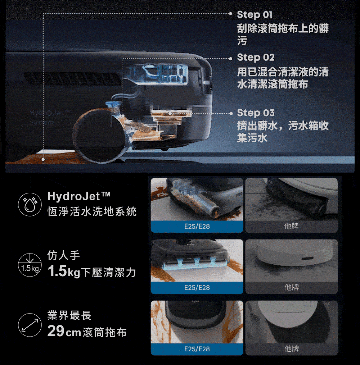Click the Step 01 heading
(255, 15)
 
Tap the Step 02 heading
(256, 58)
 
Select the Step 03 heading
(256, 113)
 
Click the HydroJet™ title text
(79, 196)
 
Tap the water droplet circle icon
(30, 204)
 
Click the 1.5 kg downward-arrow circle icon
(30, 265)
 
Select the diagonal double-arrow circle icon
(30, 325)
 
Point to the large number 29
(56, 331)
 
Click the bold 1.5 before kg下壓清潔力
(57, 271)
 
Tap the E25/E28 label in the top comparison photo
(197, 226)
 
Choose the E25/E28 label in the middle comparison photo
(197, 288)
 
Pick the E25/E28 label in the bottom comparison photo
(197, 349)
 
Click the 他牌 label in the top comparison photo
(292, 226)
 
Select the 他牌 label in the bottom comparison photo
(292, 349)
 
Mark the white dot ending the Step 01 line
(43, 159)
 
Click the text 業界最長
(69, 315)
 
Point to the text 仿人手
(64, 255)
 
